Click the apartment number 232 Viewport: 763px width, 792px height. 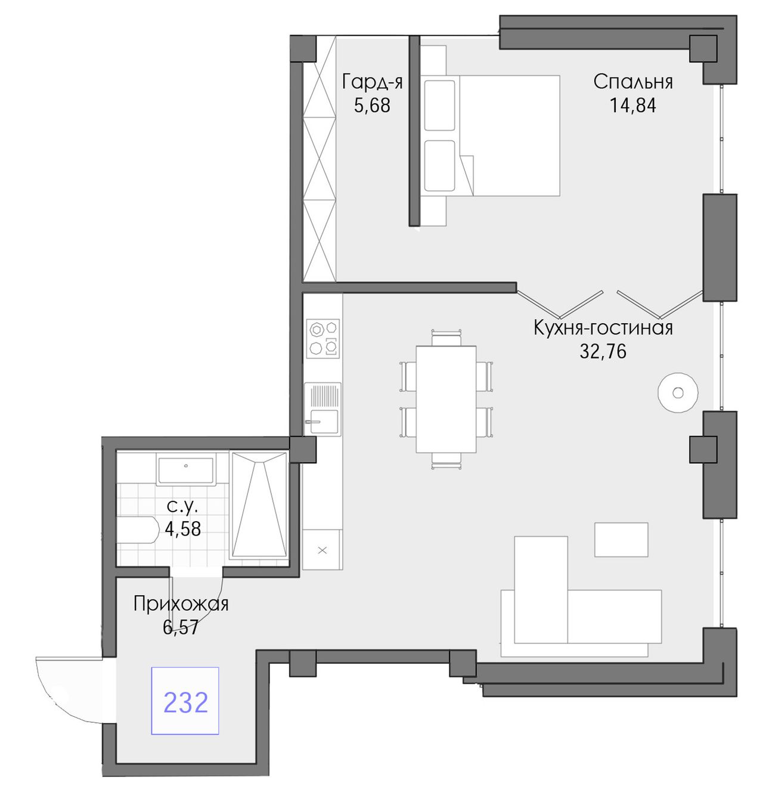click(x=186, y=703)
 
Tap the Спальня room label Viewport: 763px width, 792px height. click(x=633, y=82)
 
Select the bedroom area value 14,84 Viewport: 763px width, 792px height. click(x=633, y=106)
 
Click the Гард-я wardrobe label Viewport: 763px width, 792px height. click(x=372, y=82)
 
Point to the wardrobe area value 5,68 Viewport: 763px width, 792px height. click(x=372, y=106)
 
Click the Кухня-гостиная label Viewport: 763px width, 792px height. click(x=603, y=328)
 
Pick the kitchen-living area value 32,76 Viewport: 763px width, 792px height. click(x=603, y=352)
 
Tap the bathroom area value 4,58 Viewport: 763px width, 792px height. click(x=182, y=529)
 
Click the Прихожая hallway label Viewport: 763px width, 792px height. click(x=181, y=604)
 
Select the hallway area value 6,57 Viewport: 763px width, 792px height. click(x=181, y=627)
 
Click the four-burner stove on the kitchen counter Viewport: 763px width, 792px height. click(x=323, y=339)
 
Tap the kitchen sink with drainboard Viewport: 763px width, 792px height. click(x=323, y=409)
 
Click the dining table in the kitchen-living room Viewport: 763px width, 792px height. click(x=446, y=399)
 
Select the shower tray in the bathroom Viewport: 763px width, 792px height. click(x=258, y=505)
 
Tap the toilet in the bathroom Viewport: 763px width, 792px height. click(x=138, y=530)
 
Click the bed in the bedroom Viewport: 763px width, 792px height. click(x=492, y=135)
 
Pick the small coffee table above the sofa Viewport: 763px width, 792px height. click(x=621, y=540)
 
